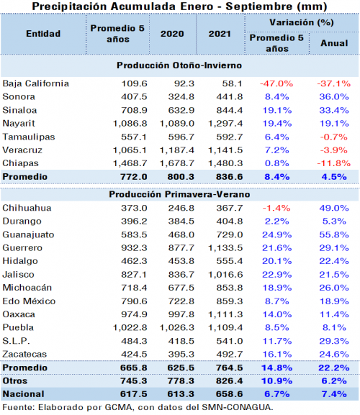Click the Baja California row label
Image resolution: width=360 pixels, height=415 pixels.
(x=36, y=83)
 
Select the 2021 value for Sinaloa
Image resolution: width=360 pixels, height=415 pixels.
(x=230, y=110)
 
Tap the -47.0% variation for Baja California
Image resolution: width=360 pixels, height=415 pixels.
(x=276, y=83)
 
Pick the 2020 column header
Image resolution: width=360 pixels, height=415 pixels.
(x=172, y=34)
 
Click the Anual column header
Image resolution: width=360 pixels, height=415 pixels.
(x=334, y=43)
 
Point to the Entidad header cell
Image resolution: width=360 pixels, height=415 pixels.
(x=43, y=34)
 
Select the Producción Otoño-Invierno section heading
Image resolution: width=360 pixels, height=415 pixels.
(x=179, y=65)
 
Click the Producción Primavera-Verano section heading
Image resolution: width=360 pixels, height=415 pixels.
(x=179, y=194)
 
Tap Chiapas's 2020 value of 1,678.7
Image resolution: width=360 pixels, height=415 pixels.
(x=177, y=163)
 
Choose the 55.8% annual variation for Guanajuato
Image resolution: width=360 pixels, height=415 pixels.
(x=334, y=234)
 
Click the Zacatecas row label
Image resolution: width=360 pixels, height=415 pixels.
(x=24, y=354)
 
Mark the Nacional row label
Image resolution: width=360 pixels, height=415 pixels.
(x=23, y=394)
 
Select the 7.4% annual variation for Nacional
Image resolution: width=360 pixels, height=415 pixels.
(x=334, y=394)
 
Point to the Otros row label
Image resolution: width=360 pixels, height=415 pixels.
(x=15, y=381)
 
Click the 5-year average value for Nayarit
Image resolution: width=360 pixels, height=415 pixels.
(x=130, y=124)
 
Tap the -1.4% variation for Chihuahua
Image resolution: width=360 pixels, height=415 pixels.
(x=276, y=208)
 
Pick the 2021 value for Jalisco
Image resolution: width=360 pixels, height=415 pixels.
(x=225, y=275)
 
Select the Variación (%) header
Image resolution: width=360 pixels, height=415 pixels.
(x=302, y=22)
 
